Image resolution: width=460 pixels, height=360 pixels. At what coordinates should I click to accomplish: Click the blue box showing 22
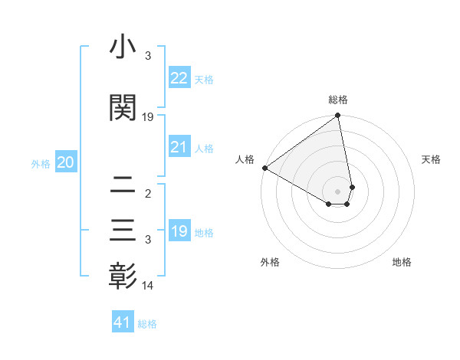[x=179, y=78]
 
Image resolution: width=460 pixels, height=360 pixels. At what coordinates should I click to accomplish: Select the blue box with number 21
[x=179, y=147]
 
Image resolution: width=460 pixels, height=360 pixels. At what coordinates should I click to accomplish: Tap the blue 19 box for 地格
[x=179, y=231]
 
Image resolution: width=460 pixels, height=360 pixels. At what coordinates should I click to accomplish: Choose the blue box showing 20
[x=66, y=162]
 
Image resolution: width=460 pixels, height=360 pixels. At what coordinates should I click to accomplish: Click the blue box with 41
[x=123, y=322]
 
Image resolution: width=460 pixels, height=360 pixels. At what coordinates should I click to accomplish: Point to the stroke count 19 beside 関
[x=148, y=117]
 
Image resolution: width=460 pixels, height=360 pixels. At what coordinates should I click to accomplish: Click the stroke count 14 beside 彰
[x=148, y=286]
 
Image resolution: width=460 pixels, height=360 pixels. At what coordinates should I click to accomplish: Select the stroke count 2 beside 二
[x=148, y=194]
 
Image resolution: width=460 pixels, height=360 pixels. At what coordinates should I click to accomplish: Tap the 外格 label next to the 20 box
[x=41, y=163]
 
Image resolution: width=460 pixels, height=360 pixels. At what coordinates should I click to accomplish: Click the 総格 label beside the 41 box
[x=147, y=324]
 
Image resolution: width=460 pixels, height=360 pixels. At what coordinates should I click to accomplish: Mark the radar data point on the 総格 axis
[x=337, y=116]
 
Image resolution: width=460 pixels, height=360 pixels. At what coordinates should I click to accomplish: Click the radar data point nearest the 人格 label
[x=264, y=168]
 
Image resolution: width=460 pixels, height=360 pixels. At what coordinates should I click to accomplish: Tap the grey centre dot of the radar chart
[x=337, y=191]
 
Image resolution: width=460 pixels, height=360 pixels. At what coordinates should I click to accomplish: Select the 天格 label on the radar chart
[x=431, y=159]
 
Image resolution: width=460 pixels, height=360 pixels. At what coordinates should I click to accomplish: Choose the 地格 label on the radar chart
[x=402, y=262]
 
